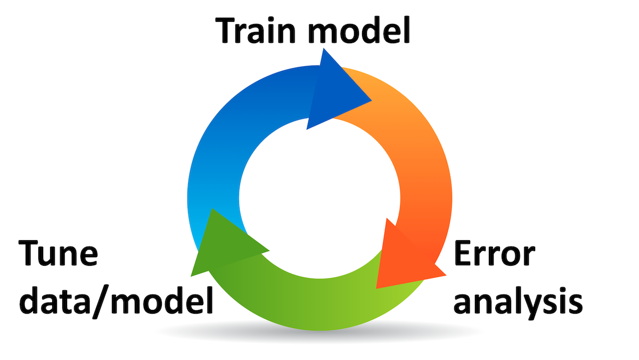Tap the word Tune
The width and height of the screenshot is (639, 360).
[58, 254]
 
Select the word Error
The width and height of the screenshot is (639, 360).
[493, 254]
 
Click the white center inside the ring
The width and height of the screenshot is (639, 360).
[319, 197]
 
